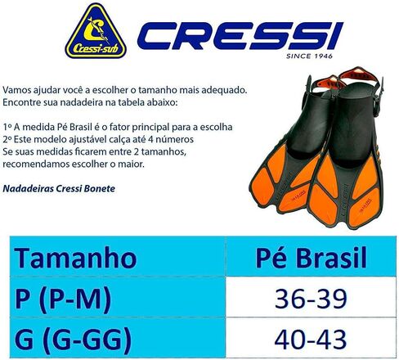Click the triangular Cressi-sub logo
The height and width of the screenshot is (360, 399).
coord(96,32)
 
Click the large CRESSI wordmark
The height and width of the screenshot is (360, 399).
coord(240,36)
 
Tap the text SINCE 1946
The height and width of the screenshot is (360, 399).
coord(309,56)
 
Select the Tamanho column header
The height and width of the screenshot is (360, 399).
coord(75,258)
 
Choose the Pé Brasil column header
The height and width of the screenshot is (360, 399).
coord(312,257)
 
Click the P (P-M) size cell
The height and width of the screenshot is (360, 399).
coord(63,299)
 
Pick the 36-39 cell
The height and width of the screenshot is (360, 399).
coord(311,299)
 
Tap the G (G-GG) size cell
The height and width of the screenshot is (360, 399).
coord(73,340)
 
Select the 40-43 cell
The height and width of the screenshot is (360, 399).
coord(311,340)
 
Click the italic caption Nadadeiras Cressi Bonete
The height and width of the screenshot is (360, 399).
coord(59,188)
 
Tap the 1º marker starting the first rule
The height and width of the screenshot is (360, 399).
coord(7,127)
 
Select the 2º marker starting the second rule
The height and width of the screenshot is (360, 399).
coord(7,139)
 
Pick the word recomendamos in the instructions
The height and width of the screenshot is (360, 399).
coord(35,164)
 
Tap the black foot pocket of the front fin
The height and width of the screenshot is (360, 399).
coord(352,124)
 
